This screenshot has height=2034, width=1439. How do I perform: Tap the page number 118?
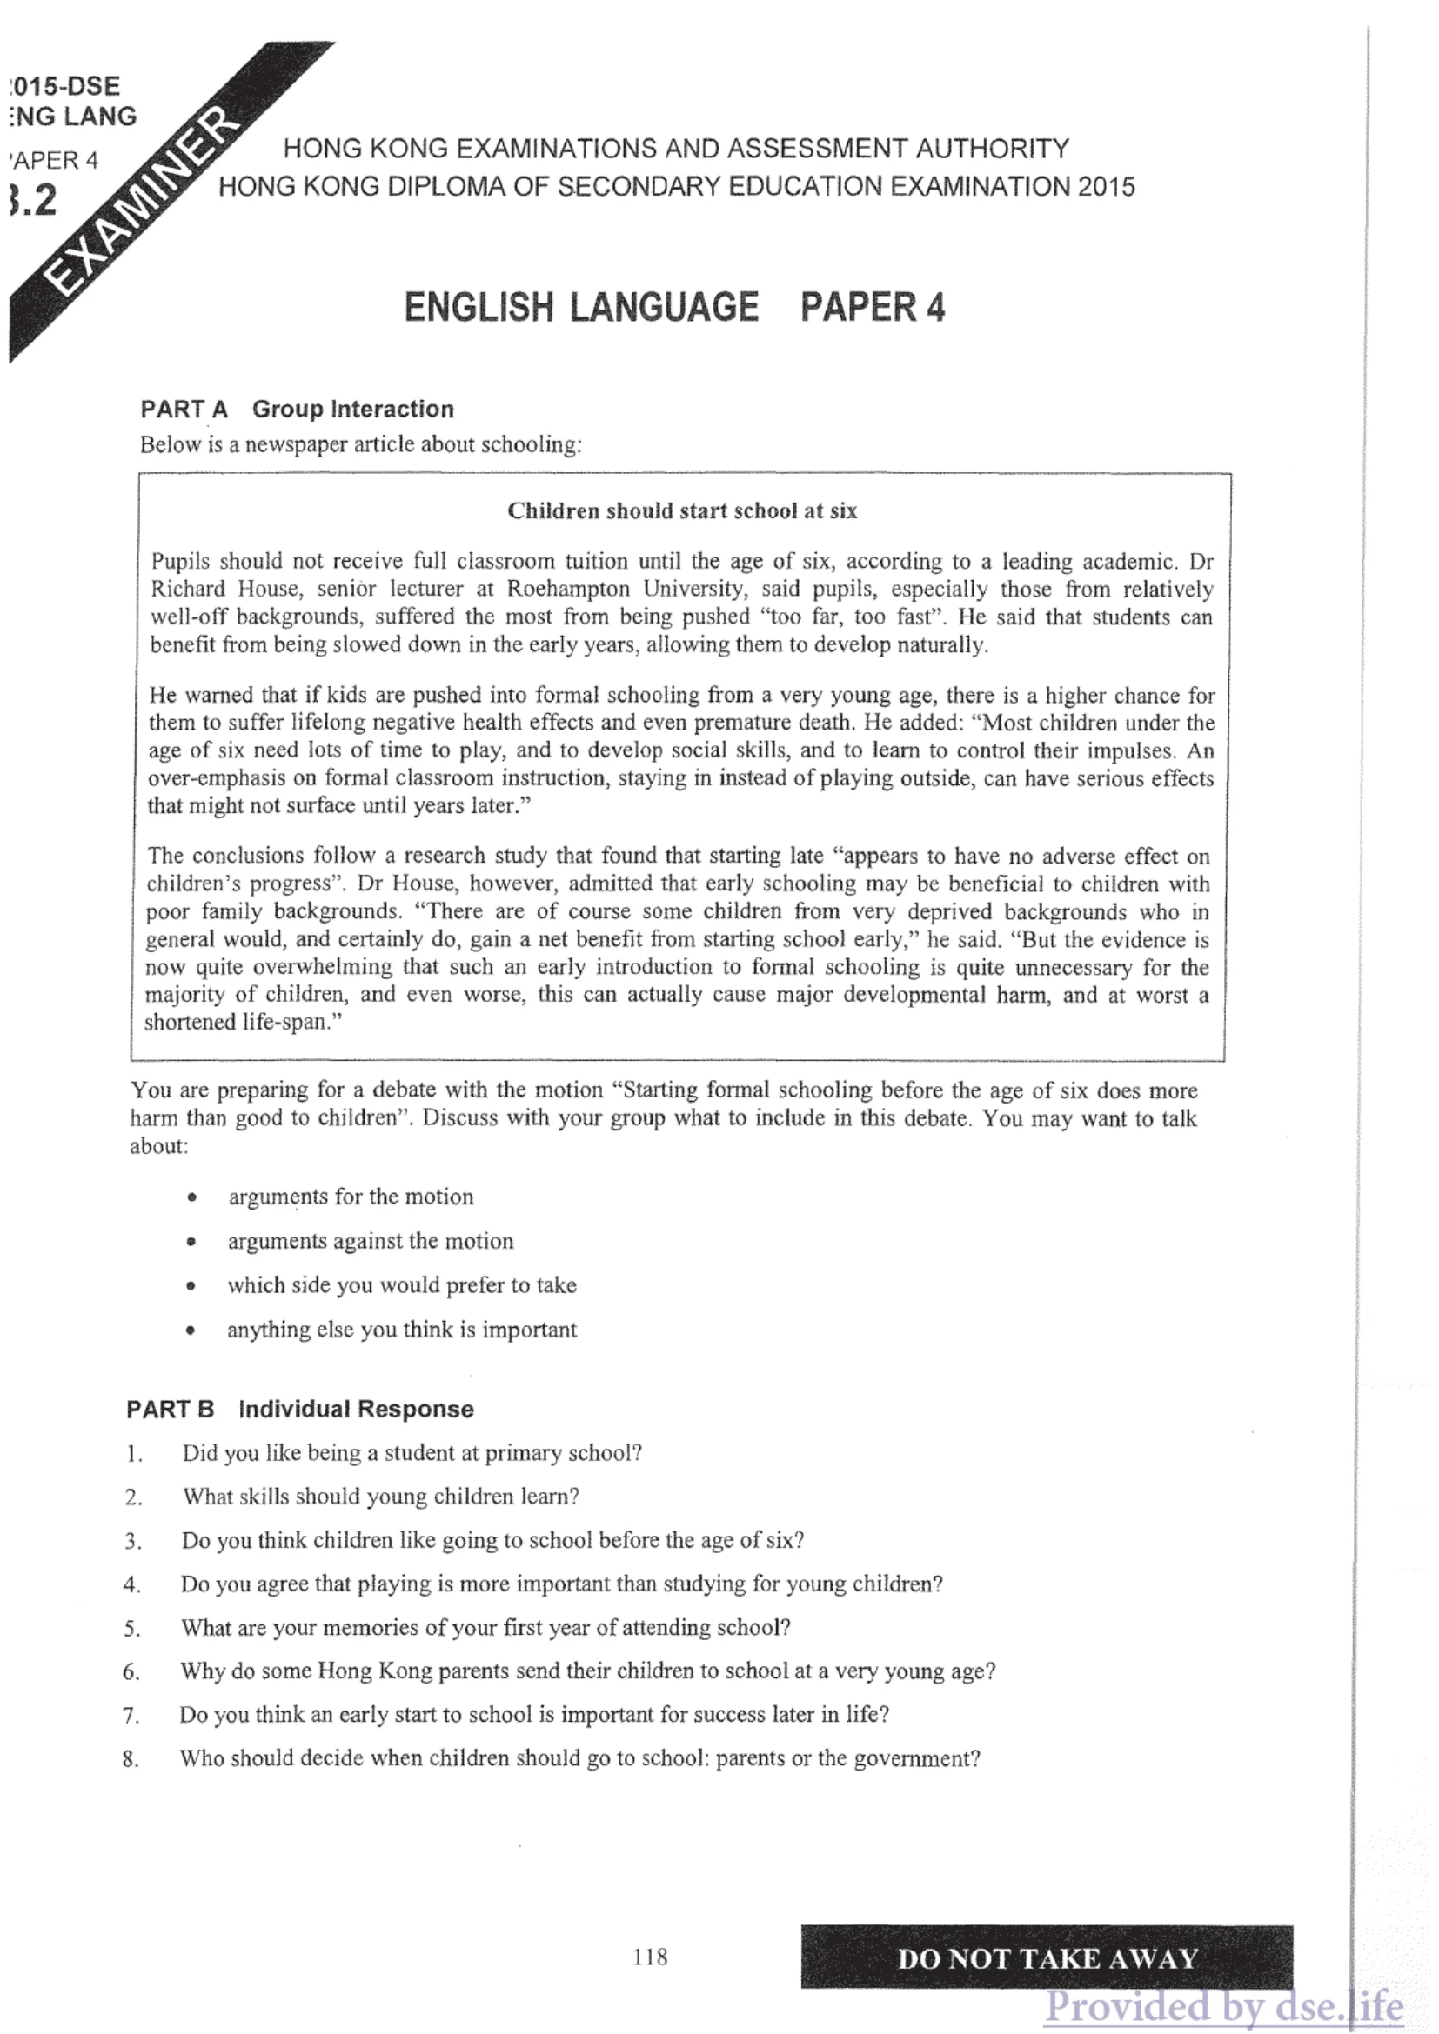tap(650, 1957)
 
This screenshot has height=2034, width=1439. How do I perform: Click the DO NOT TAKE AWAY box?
tap(1047, 1957)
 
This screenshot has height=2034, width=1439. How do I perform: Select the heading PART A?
tap(184, 410)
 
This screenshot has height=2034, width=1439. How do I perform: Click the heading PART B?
tap(171, 1409)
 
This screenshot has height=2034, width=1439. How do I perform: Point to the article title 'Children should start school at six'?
tap(681, 511)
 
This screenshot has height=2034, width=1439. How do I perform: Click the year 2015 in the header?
tap(1106, 187)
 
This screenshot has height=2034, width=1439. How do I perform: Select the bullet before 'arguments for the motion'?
tap(191, 1197)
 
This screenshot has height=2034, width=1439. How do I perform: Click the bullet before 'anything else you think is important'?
tap(191, 1330)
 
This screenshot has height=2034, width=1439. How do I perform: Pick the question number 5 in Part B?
tap(132, 1628)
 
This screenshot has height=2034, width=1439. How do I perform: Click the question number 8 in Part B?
tap(131, 1759)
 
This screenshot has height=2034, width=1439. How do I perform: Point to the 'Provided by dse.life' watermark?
tap(1222, 2006)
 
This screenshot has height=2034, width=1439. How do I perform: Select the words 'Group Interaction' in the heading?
tap(352, 410)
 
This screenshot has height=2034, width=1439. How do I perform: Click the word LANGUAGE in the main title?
tap(664, 307)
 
